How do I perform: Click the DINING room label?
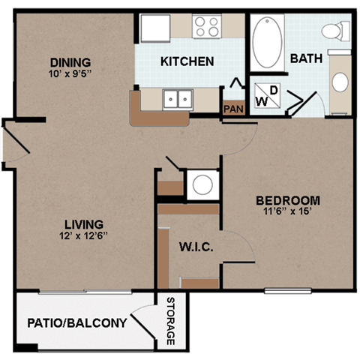point(70,62)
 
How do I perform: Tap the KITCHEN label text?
point(187,61)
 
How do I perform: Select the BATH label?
point(305,58)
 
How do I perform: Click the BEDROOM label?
point(288,200)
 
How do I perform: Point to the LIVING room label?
point(83,224)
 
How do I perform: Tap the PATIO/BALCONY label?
point(76,324)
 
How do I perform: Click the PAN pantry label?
point(232,109)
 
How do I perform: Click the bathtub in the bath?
point(267,42)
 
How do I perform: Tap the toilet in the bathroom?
point(334,31)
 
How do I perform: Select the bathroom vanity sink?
point(340,82)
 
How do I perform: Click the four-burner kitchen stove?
point(207,26)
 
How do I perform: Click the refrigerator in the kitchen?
point(155,27)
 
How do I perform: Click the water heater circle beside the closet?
point(202,184)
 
